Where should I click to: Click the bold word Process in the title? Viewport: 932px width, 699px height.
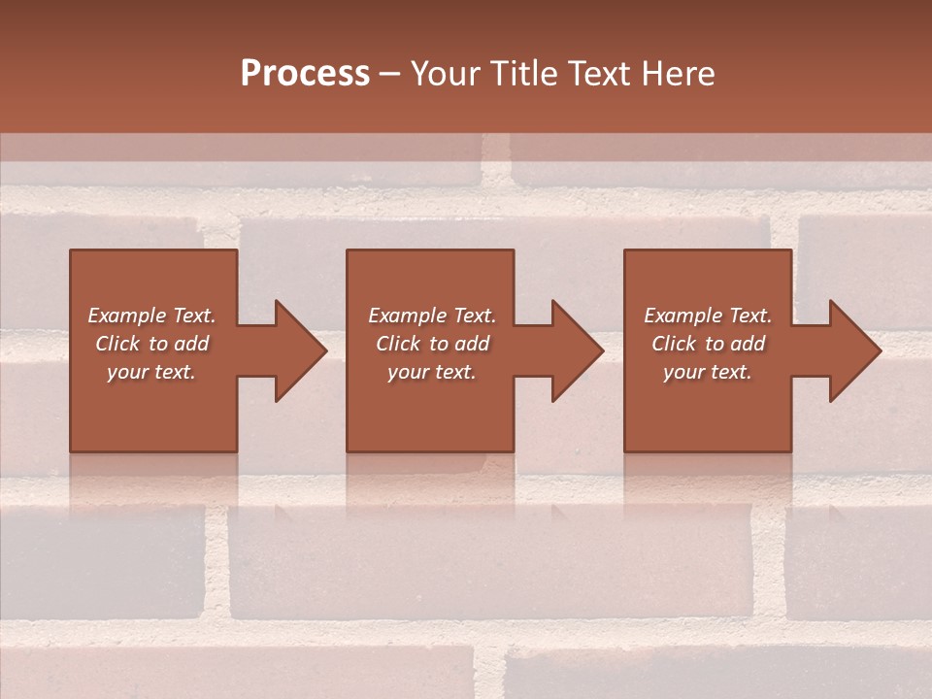[305, 73]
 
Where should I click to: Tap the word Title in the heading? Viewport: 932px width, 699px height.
[523, 73]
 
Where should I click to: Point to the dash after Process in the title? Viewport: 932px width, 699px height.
[390, 75]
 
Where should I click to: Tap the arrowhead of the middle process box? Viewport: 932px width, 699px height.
[577, 350]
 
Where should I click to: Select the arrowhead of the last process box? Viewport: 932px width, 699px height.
[854, 350]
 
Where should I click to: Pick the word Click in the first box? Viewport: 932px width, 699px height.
[118, 344]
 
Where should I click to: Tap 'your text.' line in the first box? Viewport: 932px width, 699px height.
[151, 372]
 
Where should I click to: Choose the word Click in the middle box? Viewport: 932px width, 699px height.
[399, 344]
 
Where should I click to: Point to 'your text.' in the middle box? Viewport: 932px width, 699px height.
[432, 372]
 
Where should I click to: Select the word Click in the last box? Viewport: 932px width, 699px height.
[675, 344]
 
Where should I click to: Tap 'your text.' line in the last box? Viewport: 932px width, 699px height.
[708, 372]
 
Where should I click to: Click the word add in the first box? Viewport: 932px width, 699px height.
[192, 344]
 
